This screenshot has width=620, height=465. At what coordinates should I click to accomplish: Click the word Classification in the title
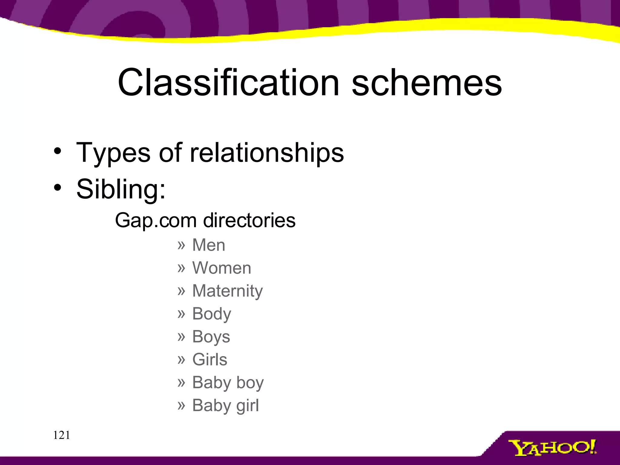click(x=229, y=82)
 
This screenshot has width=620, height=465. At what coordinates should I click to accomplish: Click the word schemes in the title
click(x=427, y=82)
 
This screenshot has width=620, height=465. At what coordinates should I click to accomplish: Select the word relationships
click(x=267, y=152)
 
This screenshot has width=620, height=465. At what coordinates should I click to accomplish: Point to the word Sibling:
click(x=121, y=190)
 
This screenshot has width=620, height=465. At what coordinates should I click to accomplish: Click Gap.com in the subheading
click(x=156, y=220)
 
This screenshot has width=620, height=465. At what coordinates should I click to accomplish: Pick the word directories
click(x=249, y=220)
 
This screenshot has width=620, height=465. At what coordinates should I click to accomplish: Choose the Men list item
click(x=209, y=245)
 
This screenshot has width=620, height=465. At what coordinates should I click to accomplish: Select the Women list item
click(x=222, y=268)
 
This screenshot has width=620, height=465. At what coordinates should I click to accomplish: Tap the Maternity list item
click(x=227, y=291)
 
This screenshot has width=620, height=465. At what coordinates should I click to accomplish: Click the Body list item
click(x=212, y=314)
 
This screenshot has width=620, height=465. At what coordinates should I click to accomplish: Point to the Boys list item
click(x=211, y=337)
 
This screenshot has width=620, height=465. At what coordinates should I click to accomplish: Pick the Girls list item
click(x=210, y=360)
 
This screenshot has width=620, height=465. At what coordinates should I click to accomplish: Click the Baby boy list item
click(x=228, y=383)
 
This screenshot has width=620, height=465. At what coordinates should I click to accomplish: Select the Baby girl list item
click(x=226, y=406)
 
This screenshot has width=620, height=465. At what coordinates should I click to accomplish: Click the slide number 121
click(x=62, y=435)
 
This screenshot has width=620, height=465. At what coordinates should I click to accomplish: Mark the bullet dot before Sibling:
click(x=58, y=188)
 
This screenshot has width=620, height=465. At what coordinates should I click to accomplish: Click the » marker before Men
click(x=181, y=245)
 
